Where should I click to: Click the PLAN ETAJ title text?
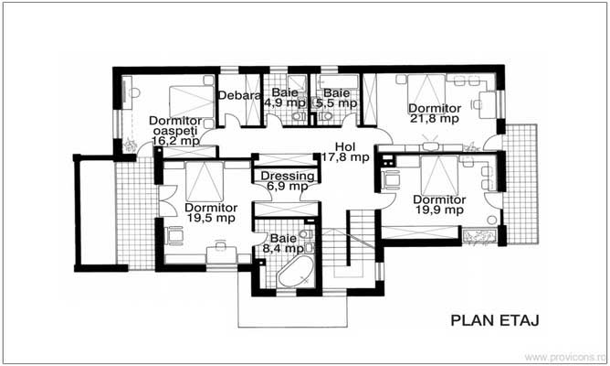coord(495,320)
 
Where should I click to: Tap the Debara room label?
coord(239,95)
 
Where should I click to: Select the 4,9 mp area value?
coord(285,102)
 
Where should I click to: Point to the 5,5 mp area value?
coord(337,103)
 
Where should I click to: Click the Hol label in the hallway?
coord(345,147)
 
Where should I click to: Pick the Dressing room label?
coord(288,176)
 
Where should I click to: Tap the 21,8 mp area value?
coord(435,118)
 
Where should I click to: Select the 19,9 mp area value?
coord(439,210)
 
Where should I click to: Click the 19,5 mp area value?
coord(211,218)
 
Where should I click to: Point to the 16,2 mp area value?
coord(176,141)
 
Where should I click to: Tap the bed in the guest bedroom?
coord(192,102)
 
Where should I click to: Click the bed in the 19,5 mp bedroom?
coord(205,182)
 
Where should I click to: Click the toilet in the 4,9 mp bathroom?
coord(299,116)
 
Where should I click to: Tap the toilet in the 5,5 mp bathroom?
coord(325,116)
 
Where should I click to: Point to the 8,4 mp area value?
coord(283,248)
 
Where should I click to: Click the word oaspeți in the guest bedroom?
coord(175,131)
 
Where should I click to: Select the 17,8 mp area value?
coord(345,157)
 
